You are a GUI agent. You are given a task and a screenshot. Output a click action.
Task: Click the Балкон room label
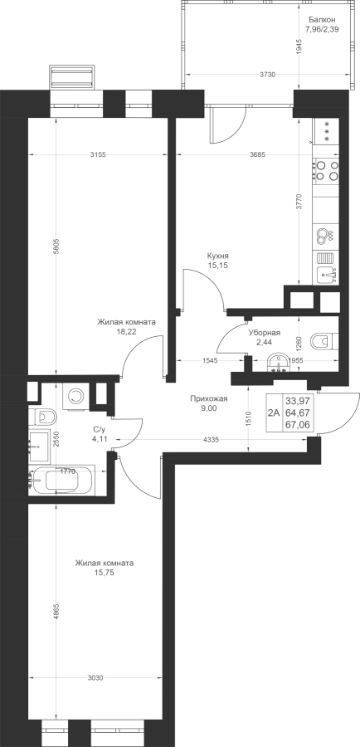click(322, 20)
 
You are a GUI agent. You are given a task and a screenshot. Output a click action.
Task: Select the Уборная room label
click(264, 333)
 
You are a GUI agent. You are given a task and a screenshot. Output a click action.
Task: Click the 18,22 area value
click(126, 332)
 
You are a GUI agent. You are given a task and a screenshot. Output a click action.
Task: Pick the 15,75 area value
click(105, 573)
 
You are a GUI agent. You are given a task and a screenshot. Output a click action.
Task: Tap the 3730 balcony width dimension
click(269, 75)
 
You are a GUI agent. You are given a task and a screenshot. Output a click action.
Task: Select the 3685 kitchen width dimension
click(258, 154)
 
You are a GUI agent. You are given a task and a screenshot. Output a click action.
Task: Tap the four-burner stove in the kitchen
click(327, 171)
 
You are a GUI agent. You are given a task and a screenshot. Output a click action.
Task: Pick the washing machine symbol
click(75, 396)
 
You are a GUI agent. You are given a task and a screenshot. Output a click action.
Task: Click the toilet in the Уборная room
click(324, 341)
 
